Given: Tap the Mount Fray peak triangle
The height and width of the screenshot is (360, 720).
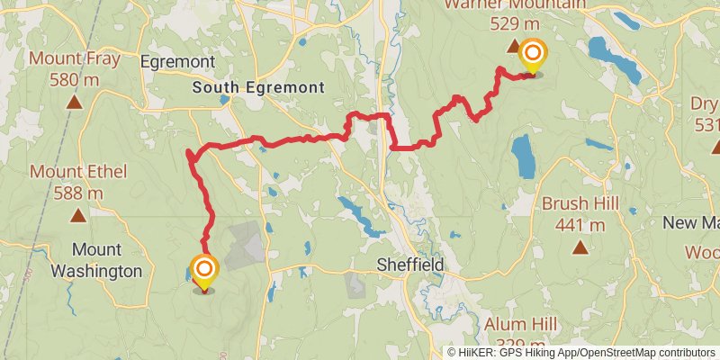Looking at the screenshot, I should tap(74, 102).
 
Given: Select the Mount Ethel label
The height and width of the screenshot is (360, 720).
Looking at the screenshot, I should tap(78, 171).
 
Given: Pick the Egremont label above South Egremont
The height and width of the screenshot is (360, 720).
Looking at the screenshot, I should tap(177, 61).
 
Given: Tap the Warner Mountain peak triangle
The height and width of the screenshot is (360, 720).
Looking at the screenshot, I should tap(514, 45).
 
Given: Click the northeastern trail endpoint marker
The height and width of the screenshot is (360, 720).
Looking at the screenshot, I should tap(532, 57).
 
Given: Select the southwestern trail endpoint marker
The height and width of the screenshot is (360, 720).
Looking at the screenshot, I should tap(204, 272).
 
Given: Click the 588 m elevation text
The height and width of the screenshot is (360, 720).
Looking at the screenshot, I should tap(78, 193).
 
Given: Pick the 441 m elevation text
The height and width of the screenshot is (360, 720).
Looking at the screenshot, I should tap(580, 225).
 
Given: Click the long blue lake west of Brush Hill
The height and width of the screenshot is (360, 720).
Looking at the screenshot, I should tap(522, 157).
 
